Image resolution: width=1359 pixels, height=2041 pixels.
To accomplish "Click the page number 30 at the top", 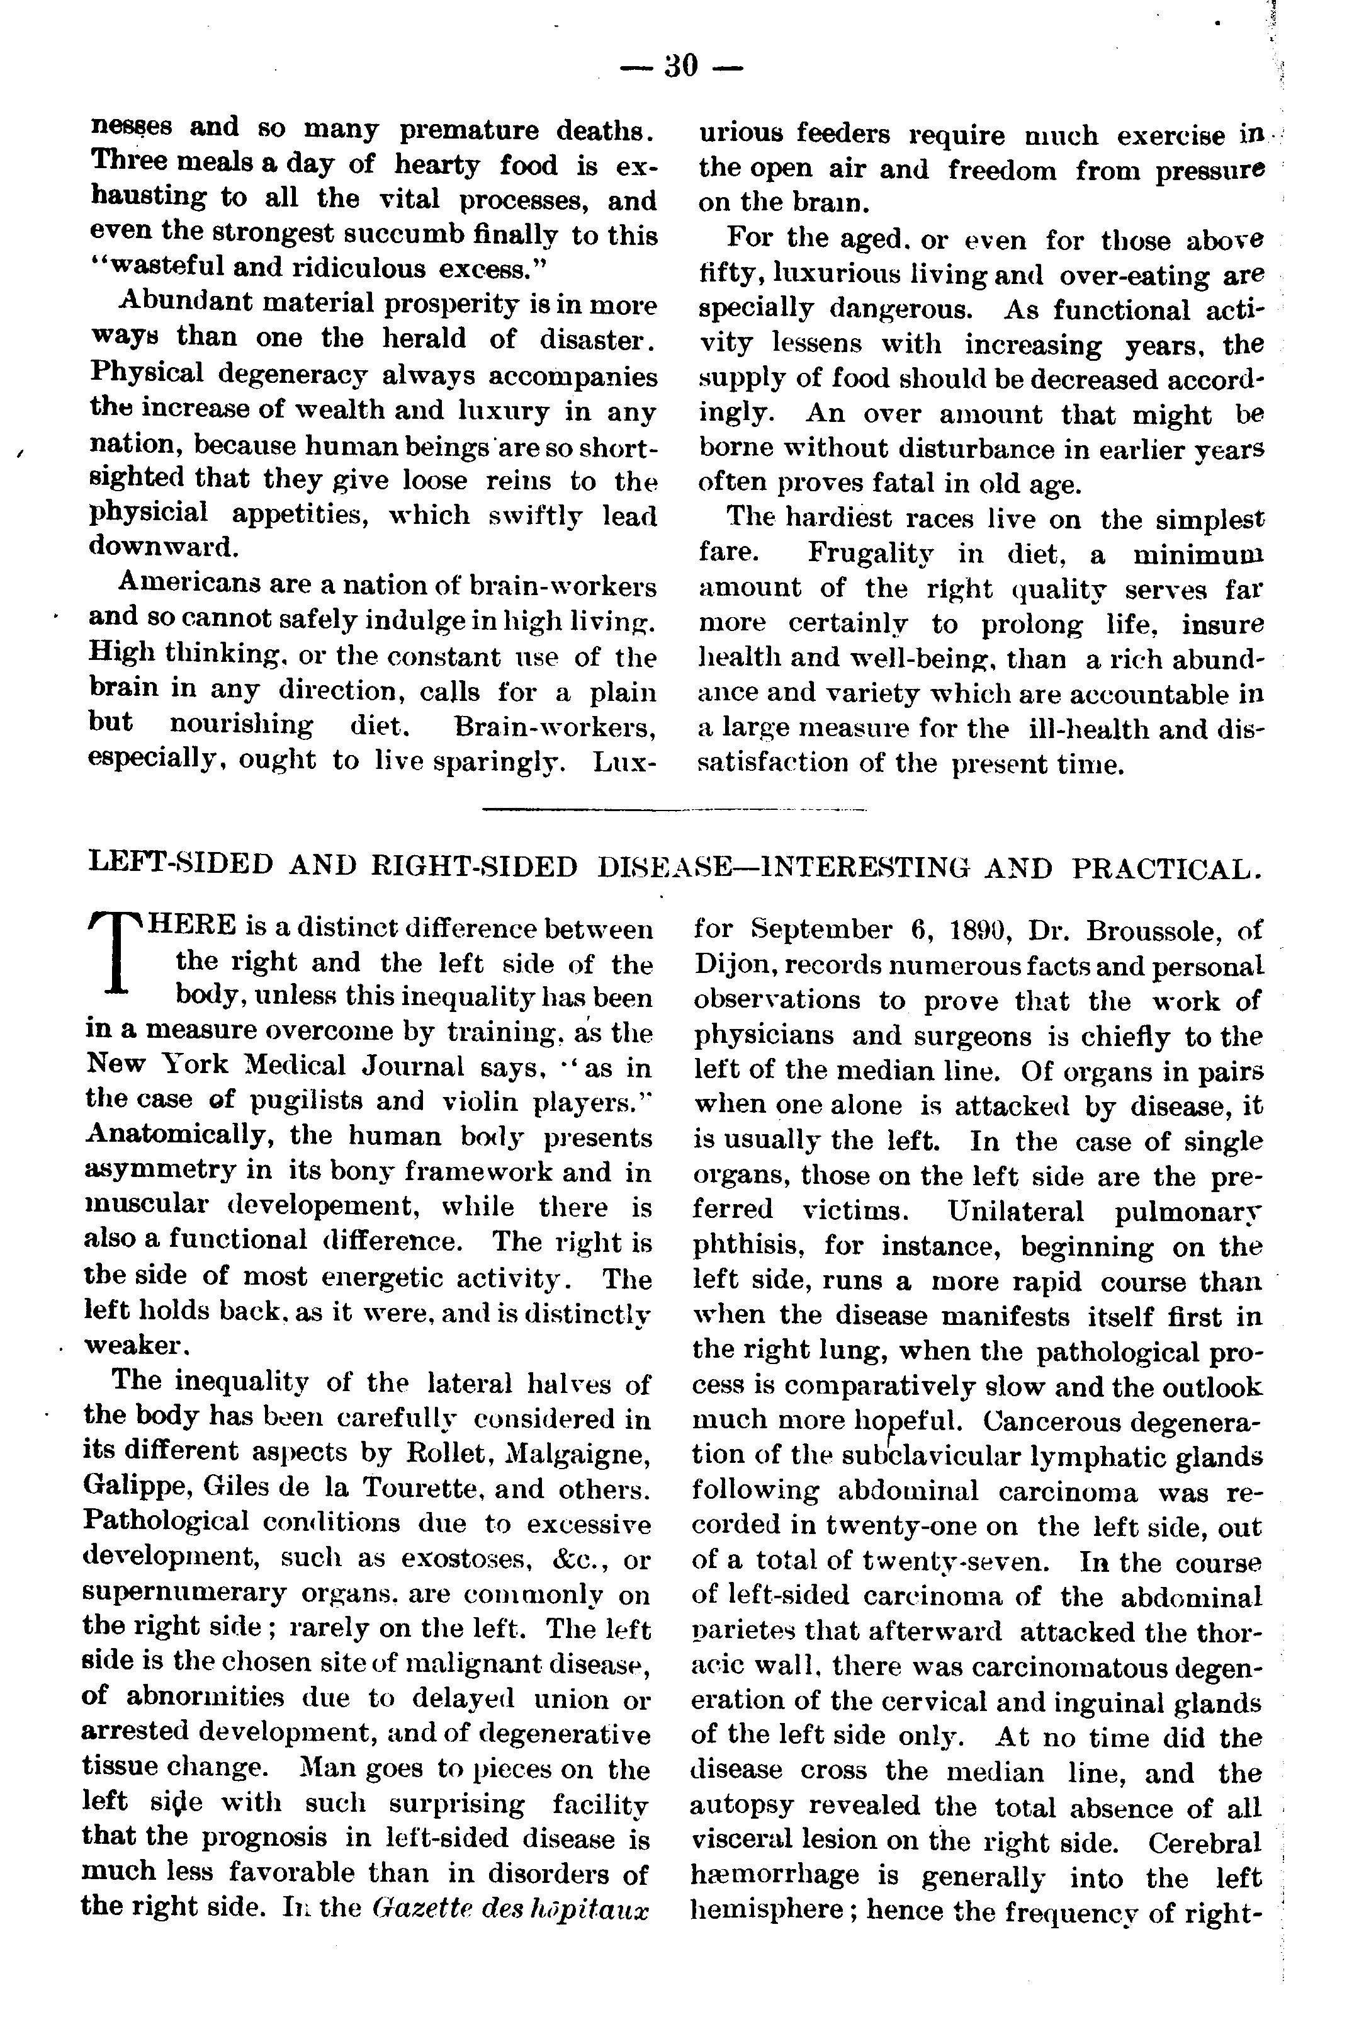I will click(681, 66).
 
